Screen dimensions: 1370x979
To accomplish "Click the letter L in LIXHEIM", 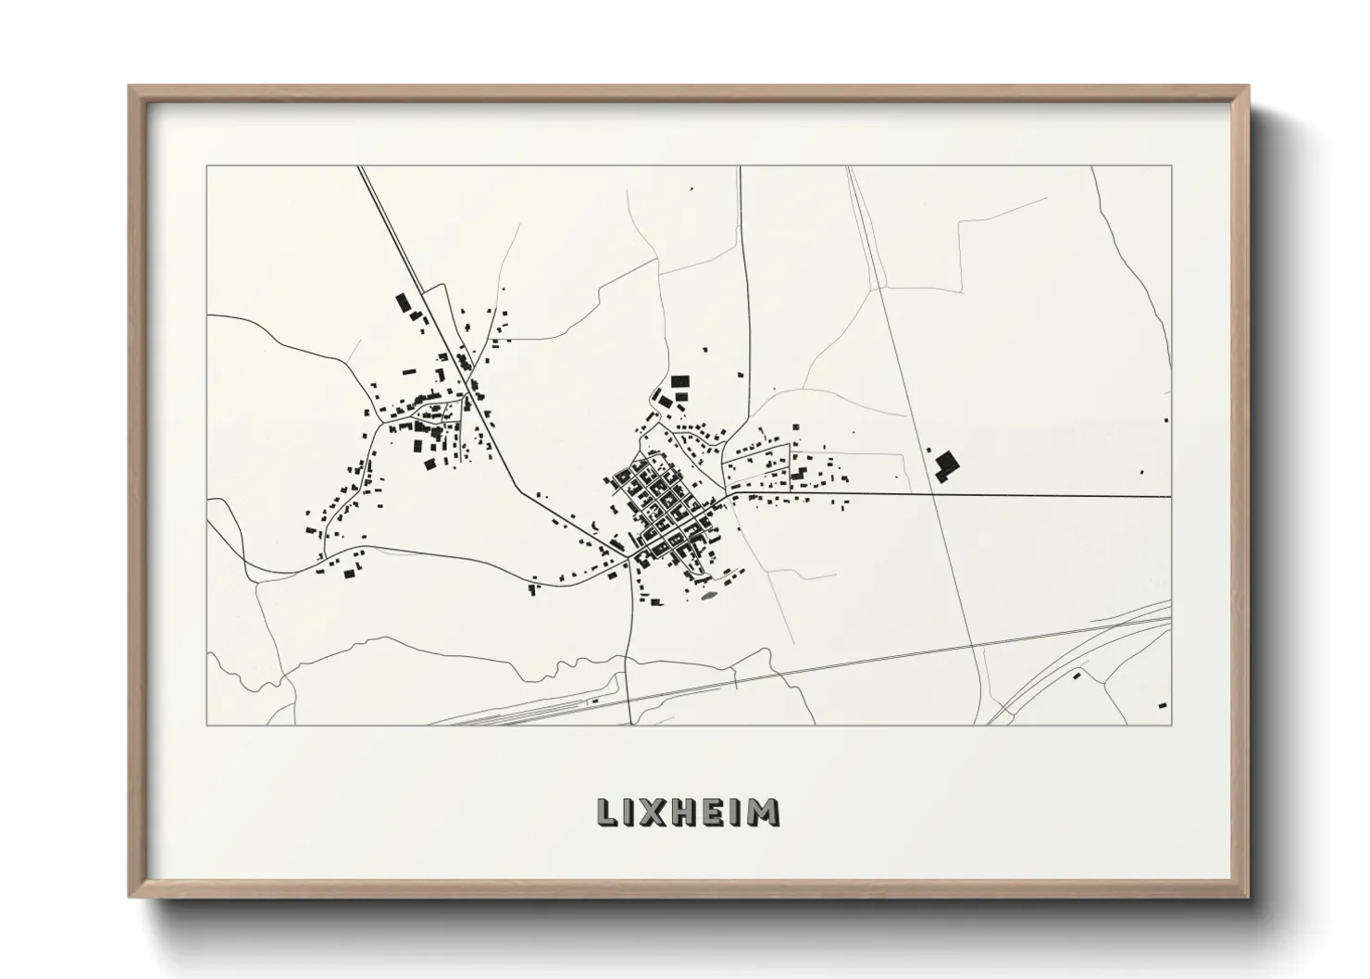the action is tap(605, 812).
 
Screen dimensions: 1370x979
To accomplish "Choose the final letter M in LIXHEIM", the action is tap(765, 812).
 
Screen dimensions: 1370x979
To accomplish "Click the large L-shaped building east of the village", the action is tap(945, 465).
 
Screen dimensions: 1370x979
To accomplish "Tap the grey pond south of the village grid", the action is tap(709, 595).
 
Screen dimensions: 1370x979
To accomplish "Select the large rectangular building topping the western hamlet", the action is tap(403, 303).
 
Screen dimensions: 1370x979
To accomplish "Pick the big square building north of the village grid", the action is tap(681, 381).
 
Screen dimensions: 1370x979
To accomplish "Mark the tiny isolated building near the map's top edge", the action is tap(691, 189).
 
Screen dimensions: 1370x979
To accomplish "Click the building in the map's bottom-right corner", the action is tap(1162, 705).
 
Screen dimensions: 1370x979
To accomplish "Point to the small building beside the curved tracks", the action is tap(1077, 676).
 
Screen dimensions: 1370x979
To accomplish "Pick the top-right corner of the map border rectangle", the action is tap(1171, 167).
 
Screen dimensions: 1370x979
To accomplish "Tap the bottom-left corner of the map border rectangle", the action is tap(207, 725).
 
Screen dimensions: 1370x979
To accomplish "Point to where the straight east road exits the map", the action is tap(1170, 497).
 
